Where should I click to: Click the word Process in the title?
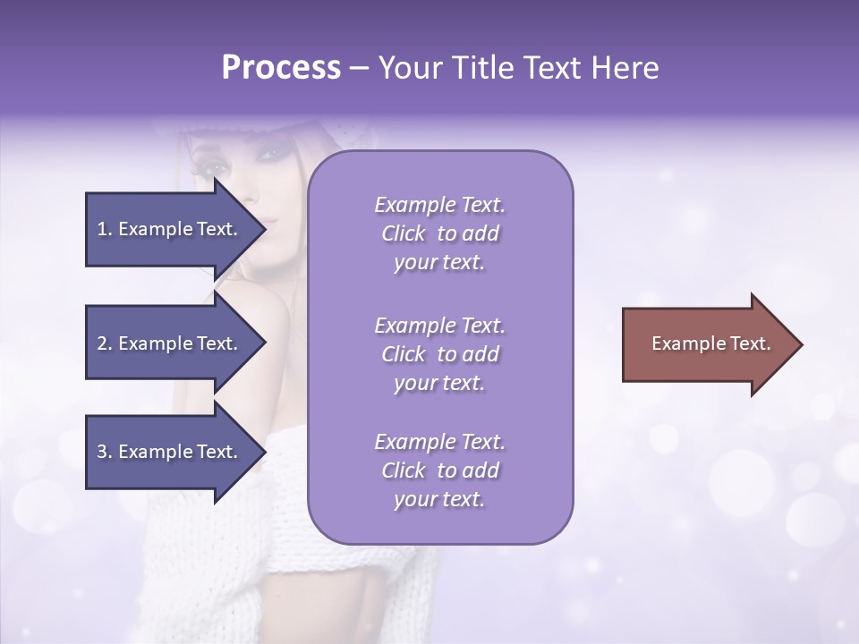[x=281, y=68]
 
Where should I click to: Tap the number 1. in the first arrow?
[x=105, y=229]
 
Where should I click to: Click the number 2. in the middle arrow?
[x=105, y=343]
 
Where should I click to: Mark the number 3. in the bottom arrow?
[x=105, y=452]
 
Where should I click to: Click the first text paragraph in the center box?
[x=439, y=233]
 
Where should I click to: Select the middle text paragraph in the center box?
[x=439, y=354]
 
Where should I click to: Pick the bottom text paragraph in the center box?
[x=439, y=470]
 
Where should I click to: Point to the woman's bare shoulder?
[x=268, y=322]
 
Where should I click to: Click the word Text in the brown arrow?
[x=750, y=343]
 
